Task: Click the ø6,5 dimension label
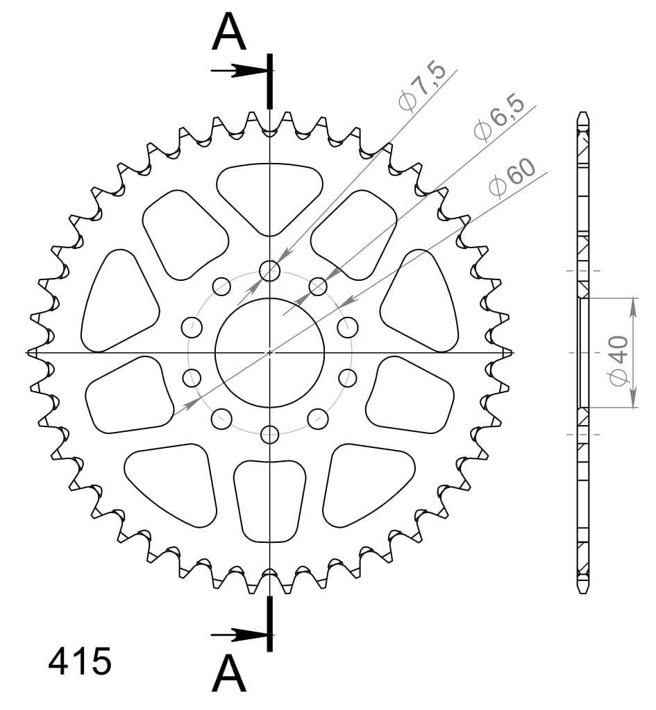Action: (498, 118)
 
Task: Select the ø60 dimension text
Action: (512, 177)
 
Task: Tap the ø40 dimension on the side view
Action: (619, 361)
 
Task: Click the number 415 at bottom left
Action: (80, 661)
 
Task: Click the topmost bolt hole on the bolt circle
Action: (270, 270)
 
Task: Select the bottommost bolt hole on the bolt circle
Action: (270, 435)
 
